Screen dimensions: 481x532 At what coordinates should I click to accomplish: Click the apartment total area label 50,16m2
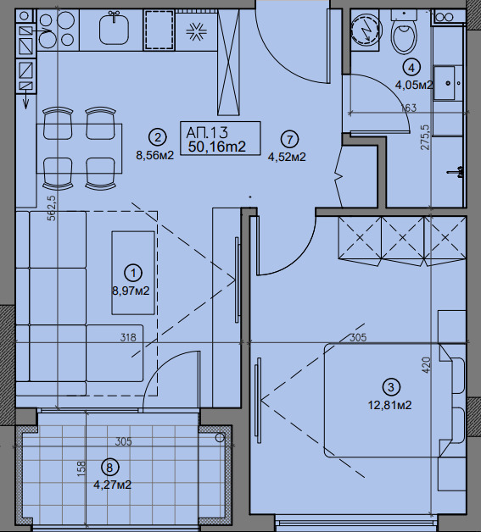[x=216, y=147]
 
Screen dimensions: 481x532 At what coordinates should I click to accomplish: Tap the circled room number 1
[x=133, y=273]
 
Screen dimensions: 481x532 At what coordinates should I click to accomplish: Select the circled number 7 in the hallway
[x=290, y=140]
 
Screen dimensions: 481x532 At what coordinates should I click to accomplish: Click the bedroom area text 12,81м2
[x=390, y=405]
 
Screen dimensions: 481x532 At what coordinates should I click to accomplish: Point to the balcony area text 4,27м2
[x=113, y=485]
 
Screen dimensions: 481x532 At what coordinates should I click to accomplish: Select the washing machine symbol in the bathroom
[x=365, y=31]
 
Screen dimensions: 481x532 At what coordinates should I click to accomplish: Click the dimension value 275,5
[x=425, y=137]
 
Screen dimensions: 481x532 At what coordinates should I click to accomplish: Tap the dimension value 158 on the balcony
[x=81, y=468]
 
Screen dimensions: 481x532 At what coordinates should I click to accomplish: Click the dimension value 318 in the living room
[x=128, y=337]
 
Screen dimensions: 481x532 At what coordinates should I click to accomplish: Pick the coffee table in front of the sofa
[x=133, y=273]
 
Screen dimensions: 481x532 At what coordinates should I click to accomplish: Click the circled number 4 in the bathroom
[x=411, y=68]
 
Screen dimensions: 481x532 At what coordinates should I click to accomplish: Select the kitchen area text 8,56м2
[x=155, y=155]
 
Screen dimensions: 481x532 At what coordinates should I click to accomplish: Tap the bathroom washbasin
[x=444, y=83]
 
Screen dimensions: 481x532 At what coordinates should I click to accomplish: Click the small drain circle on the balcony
[x=220, y=438]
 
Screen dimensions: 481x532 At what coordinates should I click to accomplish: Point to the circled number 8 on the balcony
[x=109, y=468]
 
